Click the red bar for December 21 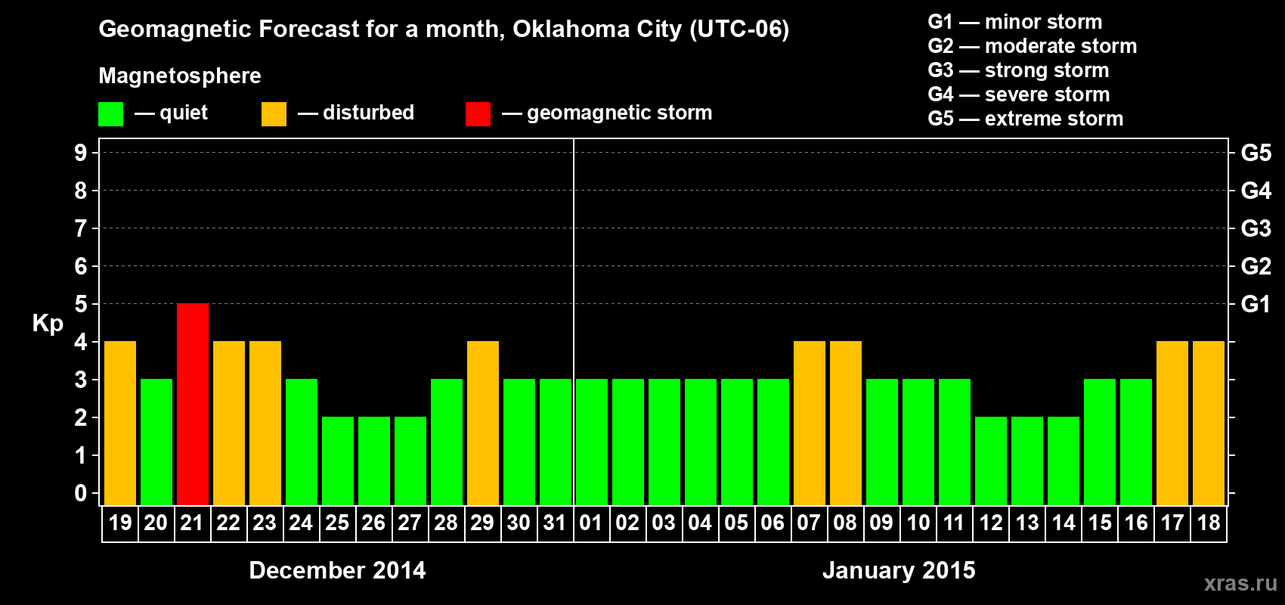(193, 404)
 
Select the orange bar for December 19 (120, 423)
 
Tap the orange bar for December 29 (483, 423)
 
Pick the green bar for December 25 (338, 461)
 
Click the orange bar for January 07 (810, 423)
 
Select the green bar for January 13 (1027, 461)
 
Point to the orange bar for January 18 (1209, 423)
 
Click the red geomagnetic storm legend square (478, 114)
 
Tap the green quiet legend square (110, 114)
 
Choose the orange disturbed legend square (274, 114)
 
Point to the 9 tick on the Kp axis (81, 153)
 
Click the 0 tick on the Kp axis (81, 494)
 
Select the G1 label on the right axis (1256, 304)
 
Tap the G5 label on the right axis (1256, 153)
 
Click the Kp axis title (48, 324)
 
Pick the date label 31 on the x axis (555, 523)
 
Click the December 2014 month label (337, 570)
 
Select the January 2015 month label (899, 570)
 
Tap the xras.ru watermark (1240, 583)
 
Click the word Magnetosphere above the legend (180, 76)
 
